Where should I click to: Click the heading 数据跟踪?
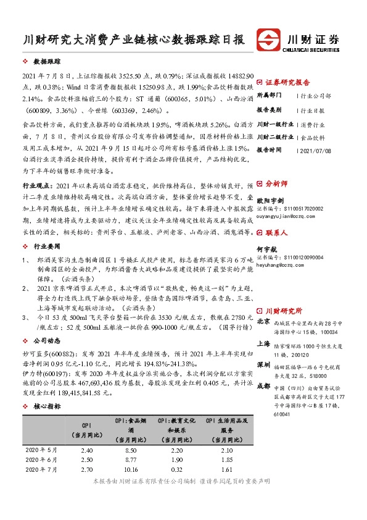pos(47,62)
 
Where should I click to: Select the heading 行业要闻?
pos(47,244)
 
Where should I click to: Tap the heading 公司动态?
pos(47,340)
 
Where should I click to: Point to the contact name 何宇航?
pos(266,247)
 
